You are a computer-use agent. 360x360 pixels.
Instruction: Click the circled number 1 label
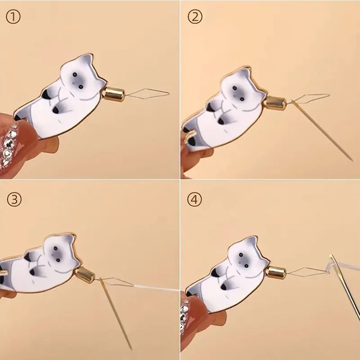(13, 17)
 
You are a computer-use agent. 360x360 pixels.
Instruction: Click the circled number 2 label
(195, 17)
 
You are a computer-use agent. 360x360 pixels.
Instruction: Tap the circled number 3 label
(14, 199)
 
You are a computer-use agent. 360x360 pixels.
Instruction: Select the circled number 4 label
(195, 199)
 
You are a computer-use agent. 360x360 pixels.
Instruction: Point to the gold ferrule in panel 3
(85, 274)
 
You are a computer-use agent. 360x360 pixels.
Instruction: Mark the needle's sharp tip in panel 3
(131, 350)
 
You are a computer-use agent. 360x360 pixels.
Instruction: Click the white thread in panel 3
(156, 288)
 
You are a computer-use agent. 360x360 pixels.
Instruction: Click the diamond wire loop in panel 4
(307, 271)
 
